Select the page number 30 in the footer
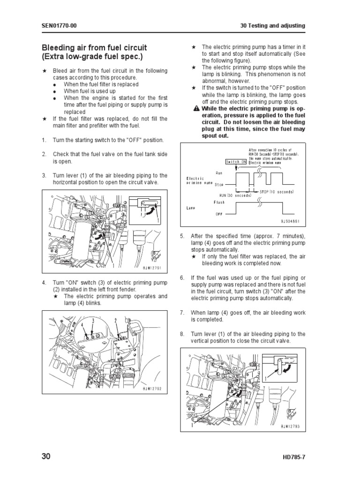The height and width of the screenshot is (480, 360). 46,457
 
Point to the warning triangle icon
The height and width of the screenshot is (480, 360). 197,109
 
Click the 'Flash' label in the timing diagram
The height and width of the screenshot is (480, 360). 219,202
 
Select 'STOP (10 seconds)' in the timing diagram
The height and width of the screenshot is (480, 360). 277,192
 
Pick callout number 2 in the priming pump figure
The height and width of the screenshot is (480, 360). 115,320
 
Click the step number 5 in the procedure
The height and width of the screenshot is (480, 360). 182,236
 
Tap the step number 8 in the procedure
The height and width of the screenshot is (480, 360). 182,334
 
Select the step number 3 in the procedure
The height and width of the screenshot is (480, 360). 44,175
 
